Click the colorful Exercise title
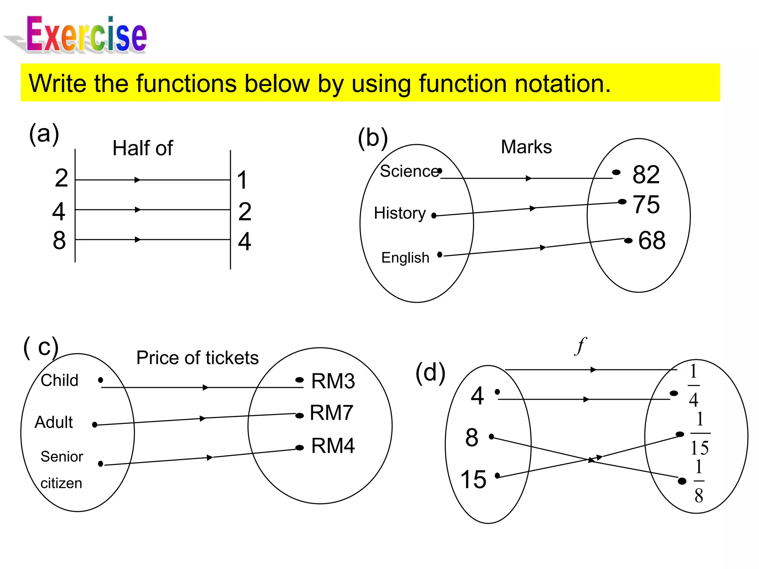click(x=87, y=34)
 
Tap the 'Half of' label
click(x=143, y=148)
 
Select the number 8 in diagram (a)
click(x=59, y=240)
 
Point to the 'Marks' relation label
click(x=526, y=147)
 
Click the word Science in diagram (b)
click(x=409, y=171)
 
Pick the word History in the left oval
click(x=400, y=213)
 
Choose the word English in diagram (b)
click(x=405, y=258)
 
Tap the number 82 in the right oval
click(x=646, y=174)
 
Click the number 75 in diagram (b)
click(x=646, y=204)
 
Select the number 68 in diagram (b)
click(x=652, y=240)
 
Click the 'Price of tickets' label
click(x=197, y=358)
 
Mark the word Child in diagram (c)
click(x=60, y=380)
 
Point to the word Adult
click(x=54, y=422)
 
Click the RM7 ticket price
click(x=331, y=413)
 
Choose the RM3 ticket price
click(x=333, y=381)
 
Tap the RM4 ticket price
click(x=333, y=446)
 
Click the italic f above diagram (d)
click(x=580, y=346)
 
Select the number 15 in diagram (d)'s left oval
click(x=473, y=479)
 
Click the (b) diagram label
click(x=372, y=138)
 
